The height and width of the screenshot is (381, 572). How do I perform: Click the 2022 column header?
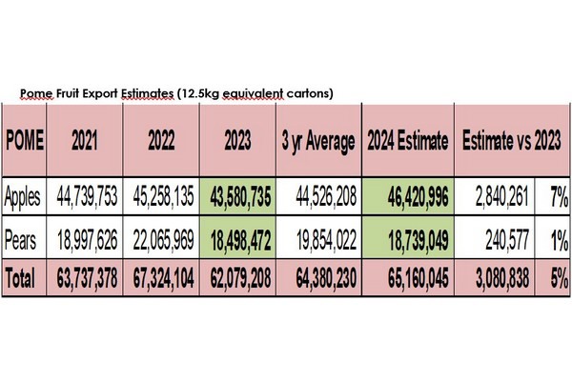tap(161, 141)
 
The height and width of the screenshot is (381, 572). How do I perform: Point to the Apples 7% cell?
tap(559, 198)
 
